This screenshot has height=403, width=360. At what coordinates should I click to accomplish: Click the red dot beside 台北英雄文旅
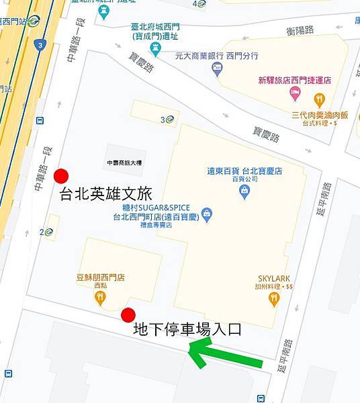tap(61, 176)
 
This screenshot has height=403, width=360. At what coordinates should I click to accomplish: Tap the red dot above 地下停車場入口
tap(128, 315)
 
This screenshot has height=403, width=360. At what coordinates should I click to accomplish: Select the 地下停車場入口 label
tap(187, 329)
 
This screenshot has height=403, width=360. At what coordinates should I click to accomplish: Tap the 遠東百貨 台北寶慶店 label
tap(244, 171)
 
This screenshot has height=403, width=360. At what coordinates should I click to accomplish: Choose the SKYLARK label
tap(276, 278)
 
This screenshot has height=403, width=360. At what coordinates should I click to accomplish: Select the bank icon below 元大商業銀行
tap(216, 68)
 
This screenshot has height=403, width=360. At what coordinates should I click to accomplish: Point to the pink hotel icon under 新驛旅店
tap(295, 92)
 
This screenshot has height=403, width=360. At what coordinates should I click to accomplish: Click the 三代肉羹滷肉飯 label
tap(320, 115)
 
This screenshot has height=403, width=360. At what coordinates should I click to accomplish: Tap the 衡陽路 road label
tap(300, 30)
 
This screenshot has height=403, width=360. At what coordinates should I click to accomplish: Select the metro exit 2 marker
tap(46, 232)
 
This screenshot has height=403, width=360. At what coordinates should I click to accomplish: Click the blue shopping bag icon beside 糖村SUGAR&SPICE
tap(207, 215)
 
